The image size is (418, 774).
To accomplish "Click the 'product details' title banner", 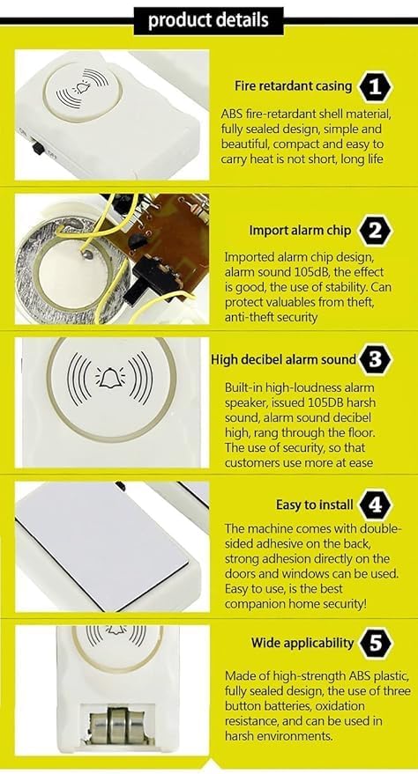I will [208, 19].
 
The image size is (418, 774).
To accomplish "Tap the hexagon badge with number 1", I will [376, 86].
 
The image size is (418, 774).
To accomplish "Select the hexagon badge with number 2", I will [376, 232].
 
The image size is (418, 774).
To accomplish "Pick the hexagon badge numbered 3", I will [376, 359].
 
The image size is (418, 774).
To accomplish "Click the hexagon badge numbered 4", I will [376, 505].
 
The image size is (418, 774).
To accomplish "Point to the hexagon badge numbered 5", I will [376, 643].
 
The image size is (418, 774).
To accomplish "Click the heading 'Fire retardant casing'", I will [293, 86].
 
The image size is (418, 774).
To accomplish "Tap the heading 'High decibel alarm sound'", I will [283, 359].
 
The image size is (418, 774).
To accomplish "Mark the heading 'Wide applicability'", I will [302, 643].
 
